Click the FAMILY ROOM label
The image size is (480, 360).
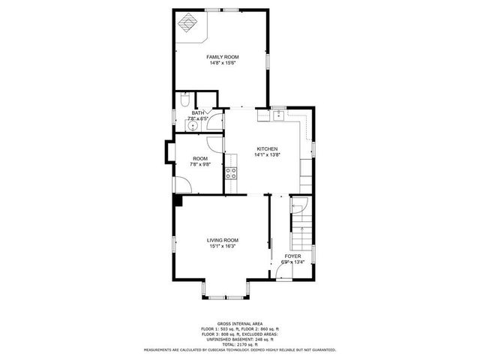(223, 57)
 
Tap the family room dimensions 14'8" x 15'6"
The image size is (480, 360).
(223, 63)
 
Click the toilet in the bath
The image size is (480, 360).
(184, 99)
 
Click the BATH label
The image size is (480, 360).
(196, 112)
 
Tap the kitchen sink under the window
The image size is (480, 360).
(278, 115)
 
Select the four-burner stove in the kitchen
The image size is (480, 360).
(232, 174)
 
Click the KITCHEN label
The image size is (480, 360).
(267, 148)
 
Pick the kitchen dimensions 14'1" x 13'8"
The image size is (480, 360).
(267, 154)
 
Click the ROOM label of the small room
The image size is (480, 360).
(199, 158)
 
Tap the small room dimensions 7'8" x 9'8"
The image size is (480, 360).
(199, 164)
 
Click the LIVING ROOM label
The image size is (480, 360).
(223, 240)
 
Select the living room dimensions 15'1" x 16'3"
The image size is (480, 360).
(223, 246)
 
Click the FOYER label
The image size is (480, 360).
(292, 256)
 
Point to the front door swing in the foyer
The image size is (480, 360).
(283, 274)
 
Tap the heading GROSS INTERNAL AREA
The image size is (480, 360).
(239, 323)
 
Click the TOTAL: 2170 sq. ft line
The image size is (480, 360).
(239, 343)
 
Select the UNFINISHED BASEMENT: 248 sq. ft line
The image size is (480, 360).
(239, 339)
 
